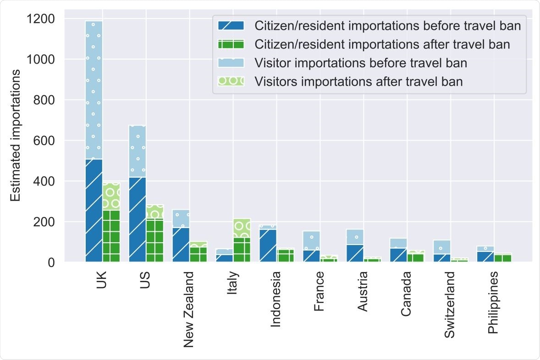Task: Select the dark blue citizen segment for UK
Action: pyautogui.click(x=94, y=211)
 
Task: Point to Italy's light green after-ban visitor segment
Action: pyautogui.click(x=242, y=228)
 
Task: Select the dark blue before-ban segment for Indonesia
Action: pyautogui.click(x=268, y=245)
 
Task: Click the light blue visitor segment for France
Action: pyautogui.click(x=311, y=240)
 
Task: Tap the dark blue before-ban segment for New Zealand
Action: pyautogui.click(x=181, y=245)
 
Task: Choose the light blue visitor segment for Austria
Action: pyautogui.click(x=355, y=237)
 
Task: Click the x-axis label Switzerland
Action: pyautogui.click(x=451, y=305)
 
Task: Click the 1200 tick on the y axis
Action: pyautogui.click(x=41, y=19)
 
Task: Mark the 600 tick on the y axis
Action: pyautogui.click(x=45, y=141)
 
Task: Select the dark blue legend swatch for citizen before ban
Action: pyautogui.click(x=231, y=25)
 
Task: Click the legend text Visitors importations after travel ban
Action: pyautogui.click(x=358, y=82)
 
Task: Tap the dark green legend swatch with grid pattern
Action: pyautogui.click(x=231, y=44)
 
